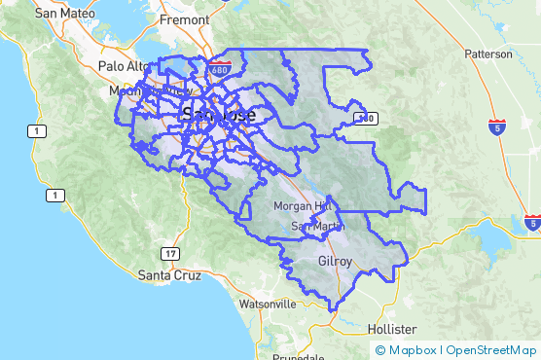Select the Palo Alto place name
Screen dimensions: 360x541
tap(126, 66)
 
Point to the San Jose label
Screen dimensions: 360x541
tap(219, 115)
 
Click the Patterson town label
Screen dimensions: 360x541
tap(487, 54)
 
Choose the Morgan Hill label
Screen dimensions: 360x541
tap(303, 207)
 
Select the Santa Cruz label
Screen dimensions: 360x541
tap(169, 275)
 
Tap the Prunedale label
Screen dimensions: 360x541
tap(299, 356)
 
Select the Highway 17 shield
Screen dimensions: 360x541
tap(171, 254)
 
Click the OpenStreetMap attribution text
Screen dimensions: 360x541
tap(491, 350)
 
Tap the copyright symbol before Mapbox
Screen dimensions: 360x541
tap(380, 350)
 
